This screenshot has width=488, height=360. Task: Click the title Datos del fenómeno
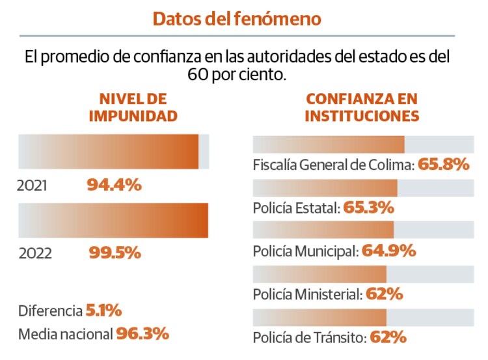(x=237, y=19)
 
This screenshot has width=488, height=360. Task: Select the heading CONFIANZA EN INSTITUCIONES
(x=362, y=108)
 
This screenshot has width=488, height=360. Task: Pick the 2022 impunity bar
(x=113, y=221)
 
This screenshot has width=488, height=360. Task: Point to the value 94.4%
(x=114, y=185)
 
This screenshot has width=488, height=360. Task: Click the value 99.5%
(x=115, y=253)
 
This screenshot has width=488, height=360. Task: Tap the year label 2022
(x=35, y=254)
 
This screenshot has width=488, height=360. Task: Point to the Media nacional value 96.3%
(x=142, y=334)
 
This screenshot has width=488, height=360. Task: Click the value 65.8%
(x=443, y=164)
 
